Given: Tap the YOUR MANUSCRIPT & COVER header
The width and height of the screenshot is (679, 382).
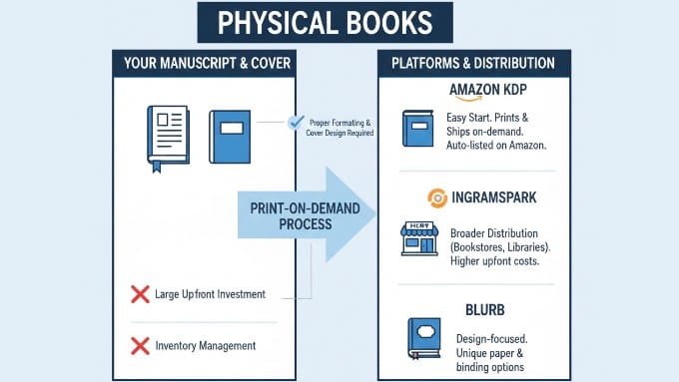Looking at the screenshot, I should click(208, 63).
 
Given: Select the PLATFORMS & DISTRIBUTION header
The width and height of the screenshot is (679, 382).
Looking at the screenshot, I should click(472, 63).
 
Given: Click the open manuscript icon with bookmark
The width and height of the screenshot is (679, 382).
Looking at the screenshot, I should click(167, 137).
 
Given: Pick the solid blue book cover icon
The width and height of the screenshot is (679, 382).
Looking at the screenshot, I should click(229, 137).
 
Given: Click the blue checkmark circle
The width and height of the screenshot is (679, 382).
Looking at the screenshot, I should click(296, 122).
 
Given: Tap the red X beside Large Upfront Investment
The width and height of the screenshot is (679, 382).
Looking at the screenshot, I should click(141, 294).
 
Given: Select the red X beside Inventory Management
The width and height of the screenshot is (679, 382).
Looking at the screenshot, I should click(141, 346).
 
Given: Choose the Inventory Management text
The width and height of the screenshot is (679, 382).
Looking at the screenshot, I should click(205, 346).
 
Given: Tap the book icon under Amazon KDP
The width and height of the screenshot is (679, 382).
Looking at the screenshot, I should click(416, 130).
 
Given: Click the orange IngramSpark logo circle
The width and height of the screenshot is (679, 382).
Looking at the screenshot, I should click(436, 197).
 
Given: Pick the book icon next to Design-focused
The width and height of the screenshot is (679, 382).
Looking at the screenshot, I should click(423, 338).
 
